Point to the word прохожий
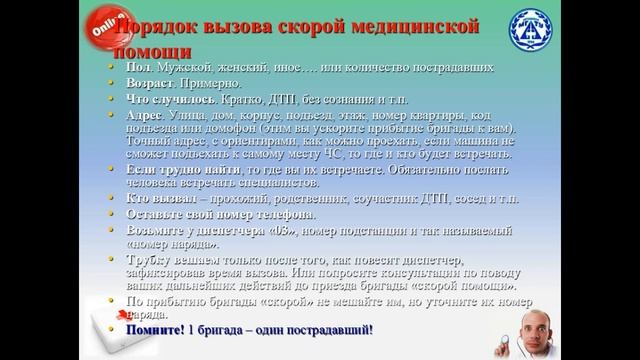[x=241, y=200]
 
